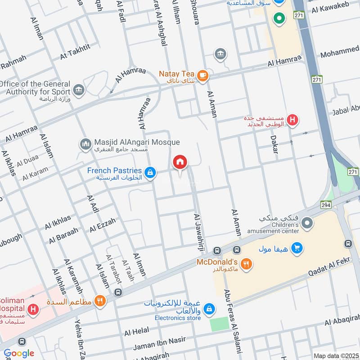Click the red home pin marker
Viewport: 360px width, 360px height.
click(x=180, y=162)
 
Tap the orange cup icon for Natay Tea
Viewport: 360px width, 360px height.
click(x=202, y=75)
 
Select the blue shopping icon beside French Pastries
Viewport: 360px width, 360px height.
click(x=151, y=172)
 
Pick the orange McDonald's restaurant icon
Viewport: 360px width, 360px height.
click(x=246, y=264)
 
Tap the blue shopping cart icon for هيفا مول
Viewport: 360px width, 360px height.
click(x=296, y=247)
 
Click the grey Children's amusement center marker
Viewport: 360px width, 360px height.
click(x=307, y=223)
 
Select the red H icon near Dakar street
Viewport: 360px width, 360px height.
click(x=293, y=120)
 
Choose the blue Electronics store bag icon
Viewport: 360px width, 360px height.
click(x=208, y=309)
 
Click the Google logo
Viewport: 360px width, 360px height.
click(x=19, y=353)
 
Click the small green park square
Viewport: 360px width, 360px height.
click(x=220, y=324)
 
